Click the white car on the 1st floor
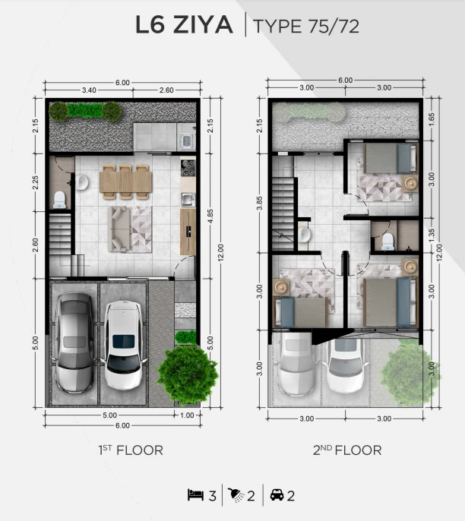click(124, 346)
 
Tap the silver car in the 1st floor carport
click(74, 343)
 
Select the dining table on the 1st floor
click(125, 182)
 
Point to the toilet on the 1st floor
click(59, 200)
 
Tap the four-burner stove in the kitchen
click(188, 168)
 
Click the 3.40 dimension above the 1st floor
click(89, 90)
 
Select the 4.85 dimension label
click(210, 216)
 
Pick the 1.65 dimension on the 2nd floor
click(431, 120)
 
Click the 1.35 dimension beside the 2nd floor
click(431, 235)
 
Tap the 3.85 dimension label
click(260, 203)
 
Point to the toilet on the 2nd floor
click(388, 242)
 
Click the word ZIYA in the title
click(203, 25)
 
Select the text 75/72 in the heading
click(334, 27)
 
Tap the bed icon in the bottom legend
click(195, 494)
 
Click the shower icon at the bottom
click(236, 494)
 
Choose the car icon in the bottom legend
click(277, 494)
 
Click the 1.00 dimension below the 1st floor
click(187, 415)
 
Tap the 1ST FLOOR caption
click(131, 450)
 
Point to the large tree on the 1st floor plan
click(188, 374)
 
